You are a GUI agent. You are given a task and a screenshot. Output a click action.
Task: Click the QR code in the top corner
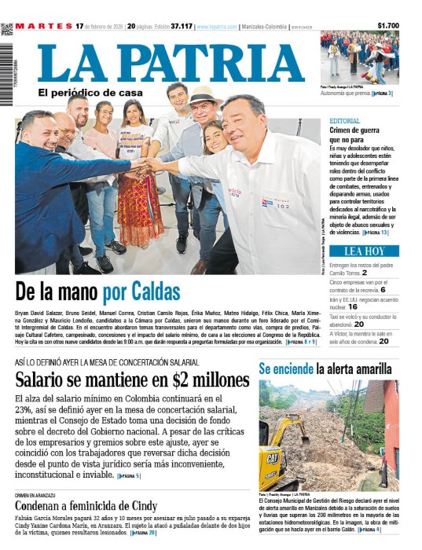coord(6,30)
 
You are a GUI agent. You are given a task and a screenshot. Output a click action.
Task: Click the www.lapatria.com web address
coord(217,27)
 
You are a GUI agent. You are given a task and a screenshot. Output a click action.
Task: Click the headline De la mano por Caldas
coord(97,291)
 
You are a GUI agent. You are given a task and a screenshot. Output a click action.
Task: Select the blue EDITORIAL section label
coord(345,121)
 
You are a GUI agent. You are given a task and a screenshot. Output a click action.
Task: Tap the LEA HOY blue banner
coord(364,251)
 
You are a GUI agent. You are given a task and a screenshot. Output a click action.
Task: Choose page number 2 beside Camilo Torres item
coord(365,273)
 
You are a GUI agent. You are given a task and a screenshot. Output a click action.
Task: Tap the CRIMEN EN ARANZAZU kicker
coord(39,494)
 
